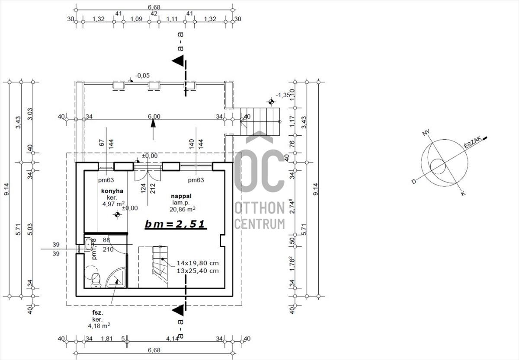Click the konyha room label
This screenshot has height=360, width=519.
coord(112,191)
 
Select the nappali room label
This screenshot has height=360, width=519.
coord(184,196)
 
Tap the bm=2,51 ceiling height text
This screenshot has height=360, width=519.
coord(175,224)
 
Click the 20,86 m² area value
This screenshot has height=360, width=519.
coord(183,209)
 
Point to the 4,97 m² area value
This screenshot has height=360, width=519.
coord(113,204)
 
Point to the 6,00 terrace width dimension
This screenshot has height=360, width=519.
coord(154,116)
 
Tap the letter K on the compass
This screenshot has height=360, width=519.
coord(463,194)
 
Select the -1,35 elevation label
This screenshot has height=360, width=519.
coord(283,95)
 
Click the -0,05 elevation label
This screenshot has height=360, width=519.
coord(142,76)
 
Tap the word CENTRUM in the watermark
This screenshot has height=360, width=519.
coord(259,223)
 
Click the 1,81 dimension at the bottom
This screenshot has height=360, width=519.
coord(106,338)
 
